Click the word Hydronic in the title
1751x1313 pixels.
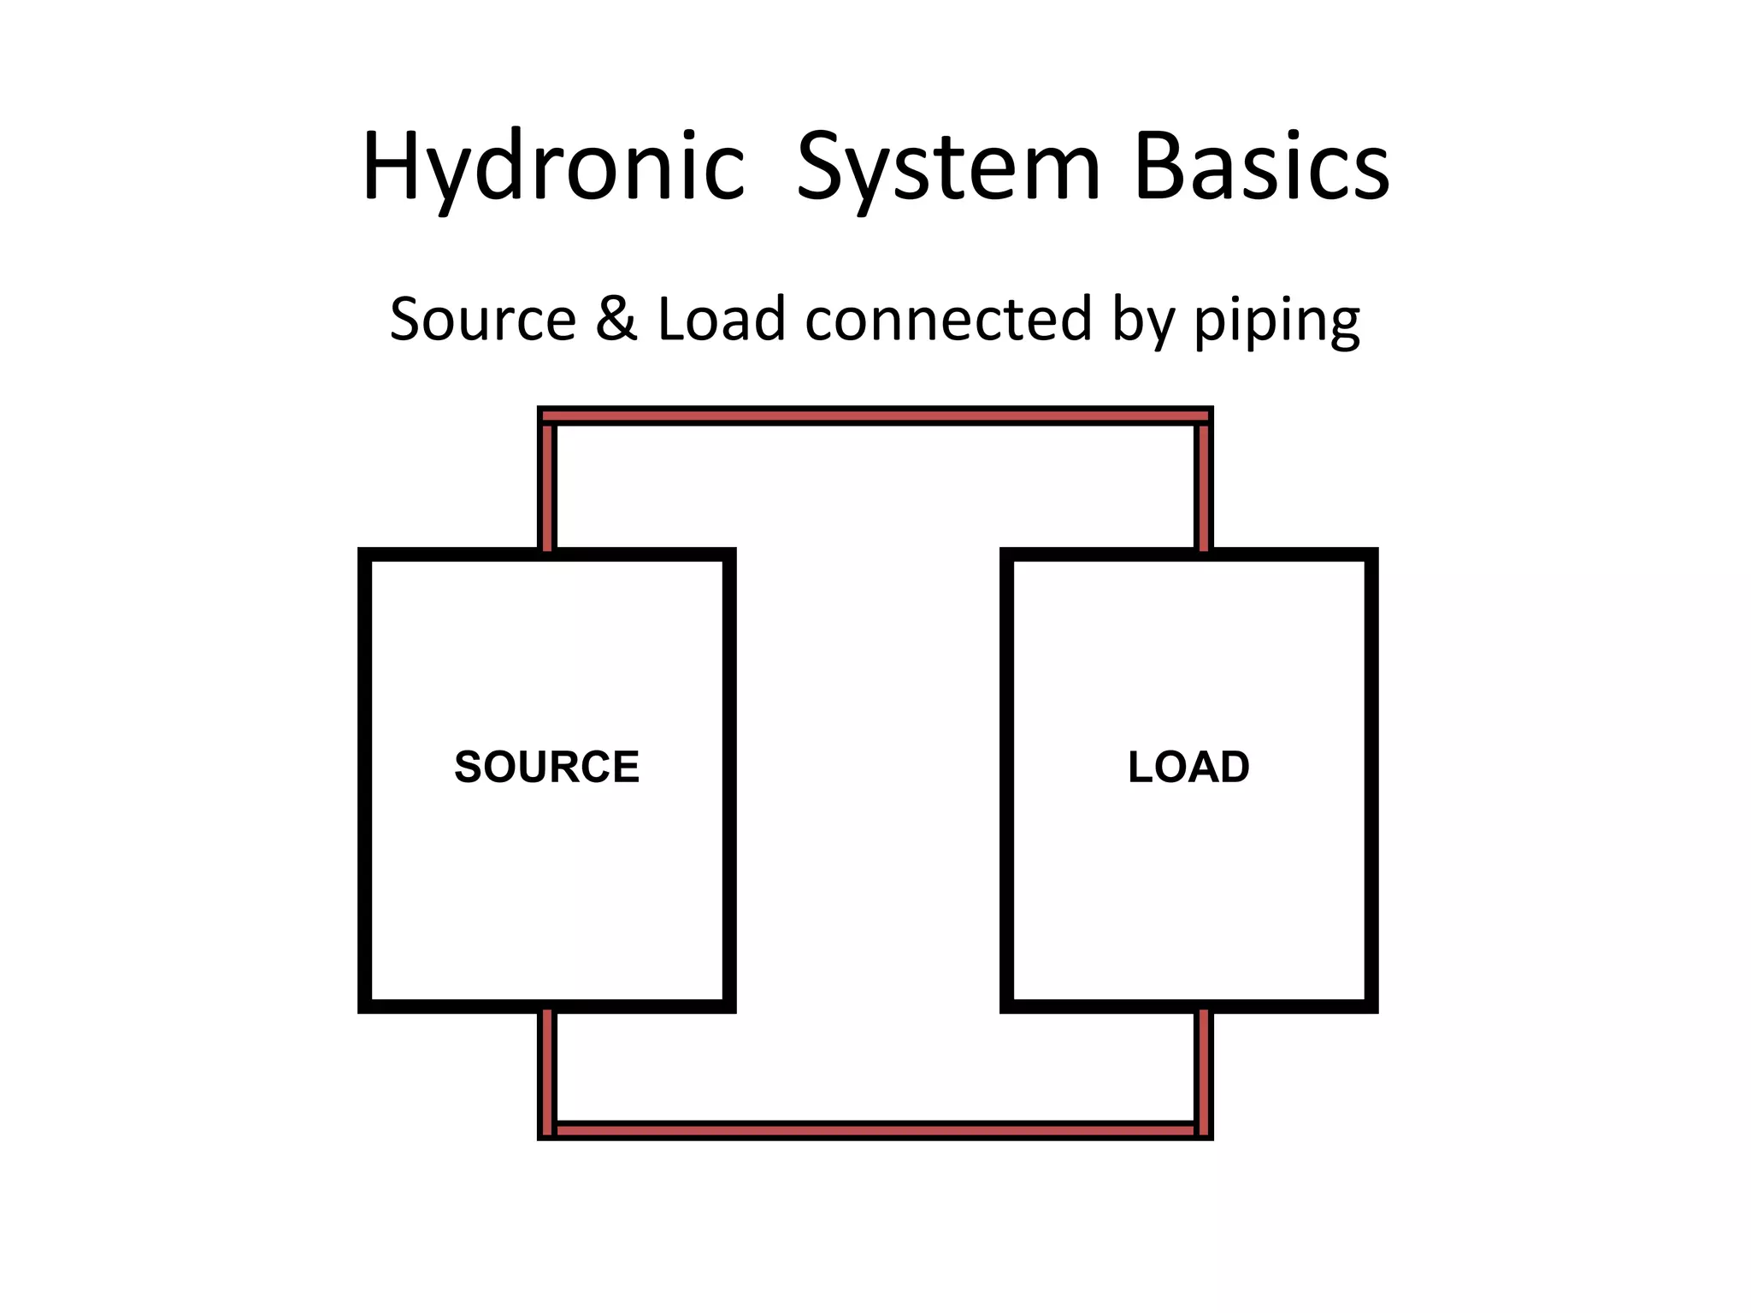pyautogui.click(x=553, y=167)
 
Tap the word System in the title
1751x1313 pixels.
pyautogui.click(x=947, y=167)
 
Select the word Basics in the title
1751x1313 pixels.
pyautogui.click(x=1261, y=167)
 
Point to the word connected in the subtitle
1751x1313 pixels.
pyautogui.click(x=948, y=319)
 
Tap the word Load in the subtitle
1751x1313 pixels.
pyautogui.click(x=721, y=319)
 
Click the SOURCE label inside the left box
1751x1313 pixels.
pyautogui.click(x=546, y=767)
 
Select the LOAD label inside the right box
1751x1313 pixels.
pyautogui.click(x=1188, y=767)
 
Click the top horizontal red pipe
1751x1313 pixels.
pyautogui.click(x=875, y=416)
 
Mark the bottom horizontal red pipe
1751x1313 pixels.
pyautogui.click(x=875, y=1130)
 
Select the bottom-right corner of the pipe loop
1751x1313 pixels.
pyautogui.click(x=1204, y=1130)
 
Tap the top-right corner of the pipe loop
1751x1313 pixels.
pyautogui.click(x=1204, y=416)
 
